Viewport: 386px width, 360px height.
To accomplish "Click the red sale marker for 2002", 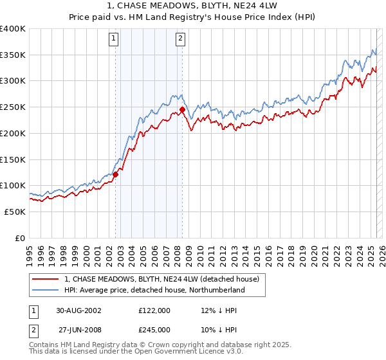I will [x=116, y=174].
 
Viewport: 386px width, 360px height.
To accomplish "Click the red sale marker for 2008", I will [x=182, y=109].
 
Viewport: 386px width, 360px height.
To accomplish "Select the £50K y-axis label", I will [x=15, y=211].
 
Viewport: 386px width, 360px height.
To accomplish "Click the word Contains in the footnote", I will [x=44, y=345].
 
